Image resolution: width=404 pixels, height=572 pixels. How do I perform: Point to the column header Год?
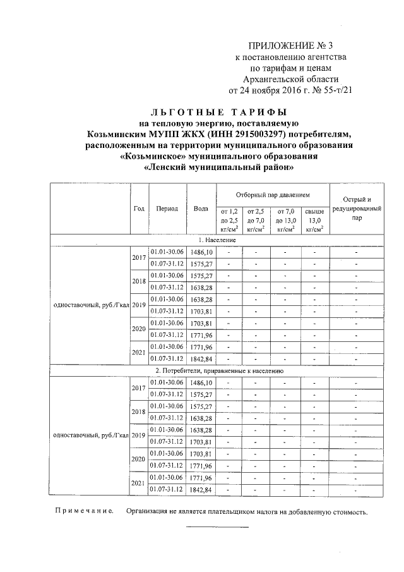tap(139, 208)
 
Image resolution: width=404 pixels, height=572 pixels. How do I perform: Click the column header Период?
tap(167, 208)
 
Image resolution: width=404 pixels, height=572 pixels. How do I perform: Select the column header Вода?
tap(201, 208)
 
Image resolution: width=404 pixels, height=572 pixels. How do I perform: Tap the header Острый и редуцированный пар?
tap(357, 208)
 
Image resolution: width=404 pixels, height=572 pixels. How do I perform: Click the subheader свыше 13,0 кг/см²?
tap(314, 219)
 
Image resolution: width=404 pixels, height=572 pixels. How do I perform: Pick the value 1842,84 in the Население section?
tap(201, 358)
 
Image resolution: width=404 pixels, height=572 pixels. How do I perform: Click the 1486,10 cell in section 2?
tap(201, 382)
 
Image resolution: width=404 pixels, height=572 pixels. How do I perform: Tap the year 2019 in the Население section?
tap(139, 305)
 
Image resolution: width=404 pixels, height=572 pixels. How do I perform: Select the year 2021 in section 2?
tap(139, 483)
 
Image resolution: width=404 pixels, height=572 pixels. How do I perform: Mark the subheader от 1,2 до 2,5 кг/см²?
tap(229, 219)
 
